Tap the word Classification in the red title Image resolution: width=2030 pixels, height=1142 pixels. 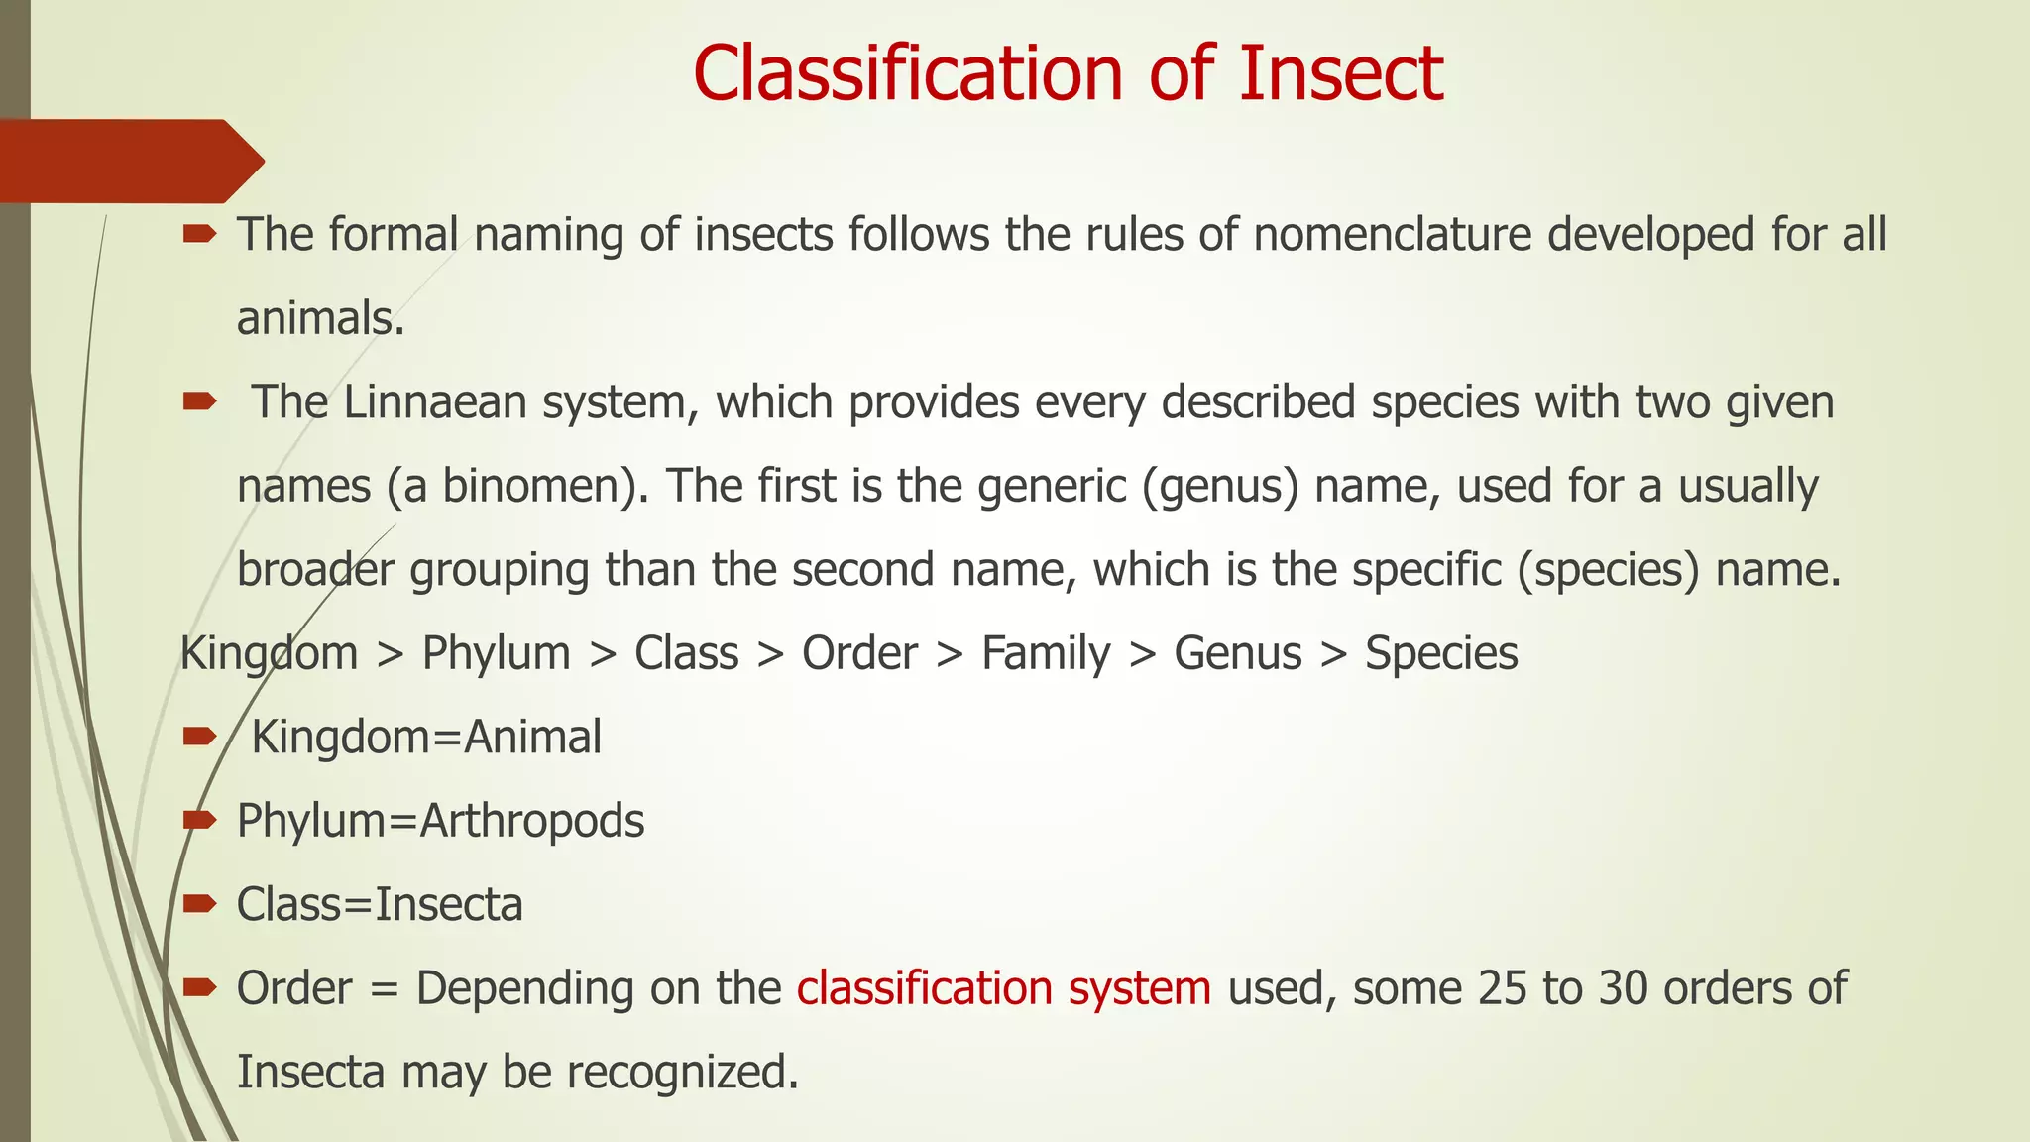click(x=907, y=73)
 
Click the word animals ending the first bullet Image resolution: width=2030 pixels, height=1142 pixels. click(x=319, y=319)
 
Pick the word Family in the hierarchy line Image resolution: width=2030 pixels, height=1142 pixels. click(x=1046, y=654)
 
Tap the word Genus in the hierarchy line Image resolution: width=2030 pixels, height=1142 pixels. click(x=1238, y=654)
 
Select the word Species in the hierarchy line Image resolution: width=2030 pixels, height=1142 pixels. click(x=1441, y=654)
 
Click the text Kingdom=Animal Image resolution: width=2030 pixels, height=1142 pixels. click(x=426, y=738)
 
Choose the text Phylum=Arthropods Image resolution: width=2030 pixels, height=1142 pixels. click(x=440, y=822)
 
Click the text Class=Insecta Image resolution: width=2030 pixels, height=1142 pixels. click(x=380, y=905)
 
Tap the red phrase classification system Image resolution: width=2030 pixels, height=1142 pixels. click(x=1003, y=989)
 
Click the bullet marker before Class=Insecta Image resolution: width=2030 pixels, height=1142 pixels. click(x=199, y=903)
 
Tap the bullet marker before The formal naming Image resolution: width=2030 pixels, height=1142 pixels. click(x=199, y=234)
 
